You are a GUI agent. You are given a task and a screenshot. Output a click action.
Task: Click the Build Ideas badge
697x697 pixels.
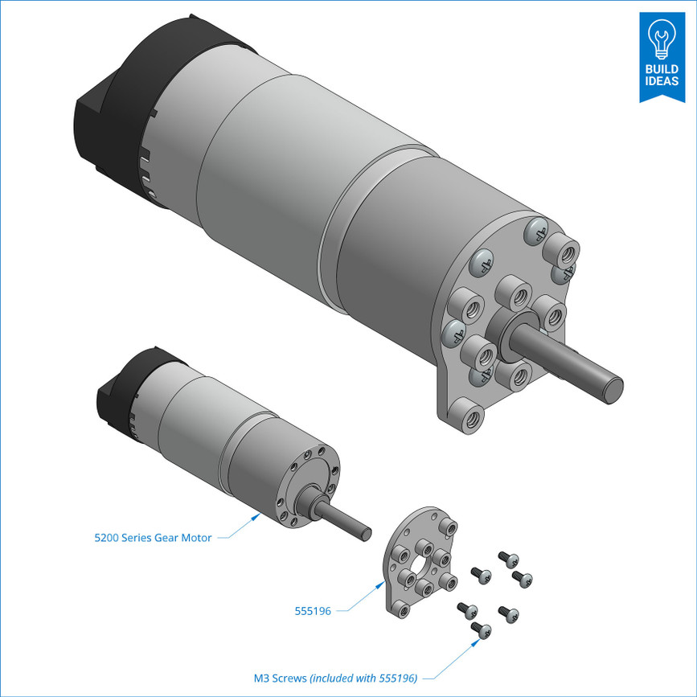pyautogui.click(x=661, y=56)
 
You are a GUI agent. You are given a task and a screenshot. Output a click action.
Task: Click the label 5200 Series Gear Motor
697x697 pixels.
pyautogui.click(x=153, y=538)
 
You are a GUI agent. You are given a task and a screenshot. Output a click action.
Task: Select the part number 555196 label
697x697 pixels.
pyautogui.click(x=313, y=611)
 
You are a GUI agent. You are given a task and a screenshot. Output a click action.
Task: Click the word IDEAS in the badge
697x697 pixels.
pyautogui.click(x=661, y=81)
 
